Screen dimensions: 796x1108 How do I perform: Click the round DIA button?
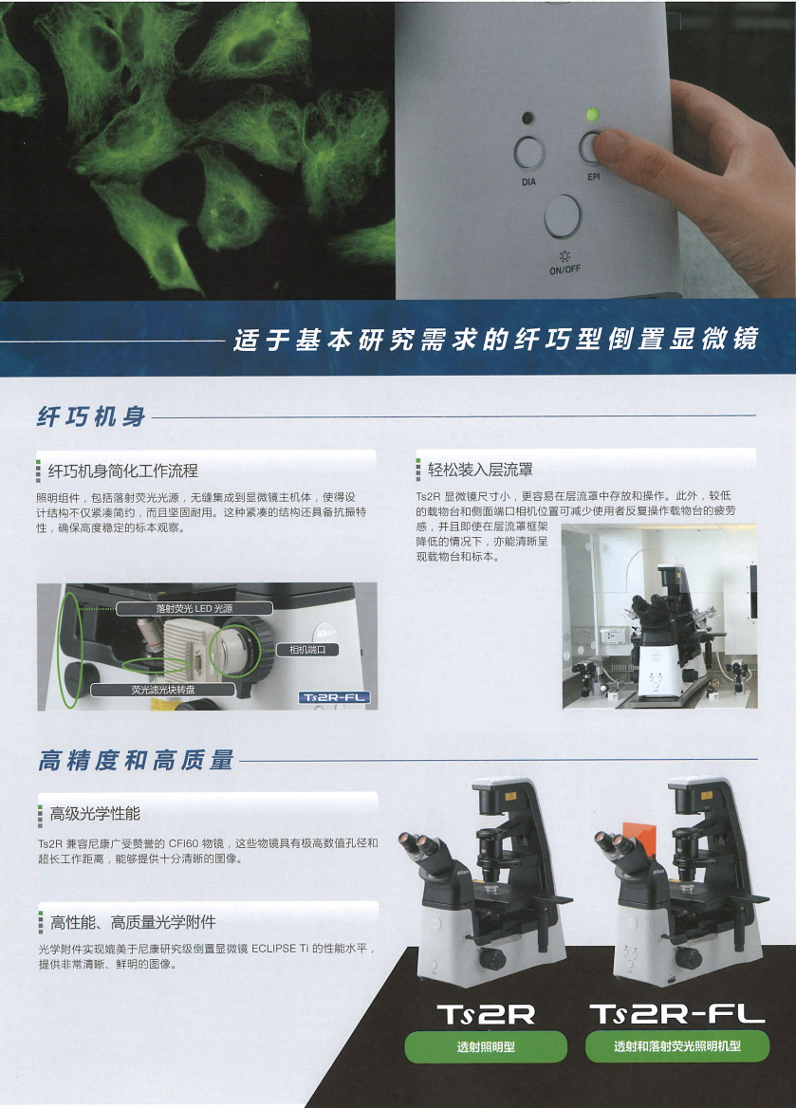(528, 152)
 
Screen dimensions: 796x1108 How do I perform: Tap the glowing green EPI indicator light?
(592, 113)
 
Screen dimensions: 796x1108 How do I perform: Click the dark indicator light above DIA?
(527, 118)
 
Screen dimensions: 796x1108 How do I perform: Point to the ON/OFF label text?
(565, 269)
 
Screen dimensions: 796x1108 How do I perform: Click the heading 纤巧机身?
(91, 416)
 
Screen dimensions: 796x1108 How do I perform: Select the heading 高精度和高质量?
(136, 761)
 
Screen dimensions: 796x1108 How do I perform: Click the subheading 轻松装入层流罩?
(480, 470)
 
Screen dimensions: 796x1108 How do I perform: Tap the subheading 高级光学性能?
(95, 813)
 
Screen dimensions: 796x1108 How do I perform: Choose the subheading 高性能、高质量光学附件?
(133, 921)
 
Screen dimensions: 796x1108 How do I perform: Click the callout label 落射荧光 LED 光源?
(194, 608)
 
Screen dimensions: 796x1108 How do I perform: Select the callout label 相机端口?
(306, 650)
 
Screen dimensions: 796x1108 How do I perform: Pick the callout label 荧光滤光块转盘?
(163, 690)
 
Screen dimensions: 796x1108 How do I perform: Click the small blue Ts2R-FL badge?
(334, 697)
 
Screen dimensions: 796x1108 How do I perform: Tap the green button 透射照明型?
(486, 1046)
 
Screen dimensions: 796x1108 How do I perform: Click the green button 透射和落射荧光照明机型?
(676, 1046)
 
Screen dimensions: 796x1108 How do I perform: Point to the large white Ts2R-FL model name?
(677, 1014)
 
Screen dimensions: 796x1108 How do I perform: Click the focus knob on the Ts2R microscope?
(492, 958)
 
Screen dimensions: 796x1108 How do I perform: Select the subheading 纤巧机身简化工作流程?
(122, 471)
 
